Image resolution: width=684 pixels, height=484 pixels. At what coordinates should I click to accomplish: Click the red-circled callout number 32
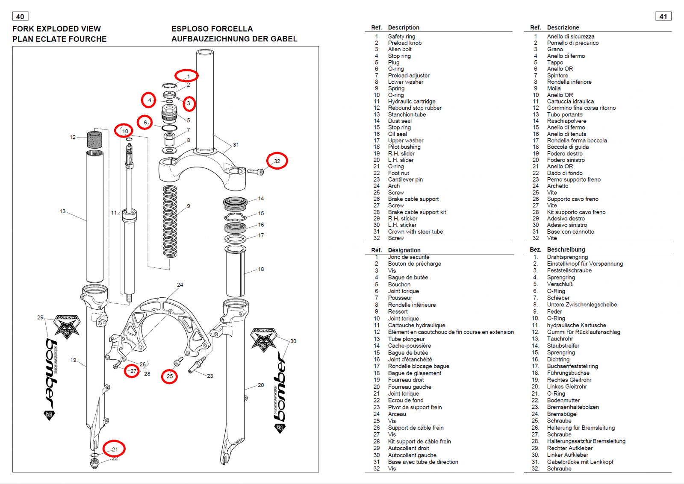click(x=277, y=161)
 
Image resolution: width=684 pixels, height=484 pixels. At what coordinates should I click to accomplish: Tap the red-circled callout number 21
click(x=114, y=449)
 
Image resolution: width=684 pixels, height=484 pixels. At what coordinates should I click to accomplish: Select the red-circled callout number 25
click(x=170, y=376)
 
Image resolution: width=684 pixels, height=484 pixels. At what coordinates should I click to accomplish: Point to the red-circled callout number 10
click(x=125, y=131)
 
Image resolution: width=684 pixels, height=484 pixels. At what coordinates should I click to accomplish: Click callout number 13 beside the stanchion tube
click(x=62, y=211)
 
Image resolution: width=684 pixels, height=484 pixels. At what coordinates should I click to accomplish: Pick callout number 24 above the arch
click(x=180, y=285)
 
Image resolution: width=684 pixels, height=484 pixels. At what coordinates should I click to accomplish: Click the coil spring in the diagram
click(x=170, y=221)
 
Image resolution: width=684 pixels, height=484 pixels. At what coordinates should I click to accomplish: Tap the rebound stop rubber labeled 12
click(x=94, y=140)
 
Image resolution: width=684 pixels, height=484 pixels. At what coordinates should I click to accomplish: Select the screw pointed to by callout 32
click(x=256, y=172)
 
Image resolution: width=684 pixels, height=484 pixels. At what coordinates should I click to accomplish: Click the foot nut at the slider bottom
click(x=94, y=463)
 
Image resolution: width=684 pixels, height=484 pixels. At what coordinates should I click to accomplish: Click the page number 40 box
click(x=20, y=17)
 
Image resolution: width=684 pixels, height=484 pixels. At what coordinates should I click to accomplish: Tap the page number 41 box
click(x=663, y=17)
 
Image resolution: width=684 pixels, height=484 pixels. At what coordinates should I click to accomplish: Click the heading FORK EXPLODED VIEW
click(x=56, y=29)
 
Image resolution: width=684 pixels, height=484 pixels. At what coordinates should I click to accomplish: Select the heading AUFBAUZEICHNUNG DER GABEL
click(x=234, y=39)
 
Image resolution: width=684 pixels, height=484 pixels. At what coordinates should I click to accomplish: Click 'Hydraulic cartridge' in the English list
click(x=412, y=101)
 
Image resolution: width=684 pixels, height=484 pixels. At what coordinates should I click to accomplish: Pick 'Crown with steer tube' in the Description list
click(x=415, y=232)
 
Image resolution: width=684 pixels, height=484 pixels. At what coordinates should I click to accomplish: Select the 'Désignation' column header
click(x=404, y=250)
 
